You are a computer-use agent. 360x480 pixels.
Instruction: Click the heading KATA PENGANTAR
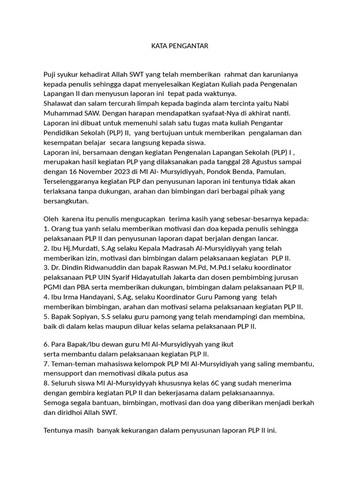point(180,46)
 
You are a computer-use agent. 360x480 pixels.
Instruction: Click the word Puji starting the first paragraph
point(50,74)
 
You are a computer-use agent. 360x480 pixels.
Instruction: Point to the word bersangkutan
point(66,201)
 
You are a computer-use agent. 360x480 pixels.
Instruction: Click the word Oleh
point(51,219)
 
